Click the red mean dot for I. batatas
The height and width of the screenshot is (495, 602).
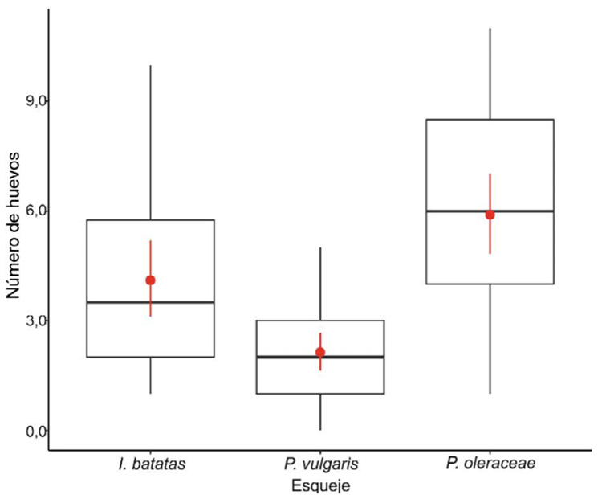click(150, 280)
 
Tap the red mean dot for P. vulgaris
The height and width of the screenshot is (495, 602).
click(320, 353)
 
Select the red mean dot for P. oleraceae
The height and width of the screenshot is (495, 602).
click(490, 215)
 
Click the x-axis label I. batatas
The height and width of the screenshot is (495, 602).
click(150, 464)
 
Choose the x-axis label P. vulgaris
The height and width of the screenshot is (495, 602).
click(320, 464)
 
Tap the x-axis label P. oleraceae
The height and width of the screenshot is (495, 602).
click(490, 464)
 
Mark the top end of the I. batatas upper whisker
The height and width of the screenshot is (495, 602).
click(150, 65)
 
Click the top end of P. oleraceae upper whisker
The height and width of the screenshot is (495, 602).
click(490, 28)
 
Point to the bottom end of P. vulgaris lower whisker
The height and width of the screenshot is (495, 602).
click(320, 430)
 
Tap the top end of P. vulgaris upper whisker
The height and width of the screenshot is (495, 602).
click(320, 247)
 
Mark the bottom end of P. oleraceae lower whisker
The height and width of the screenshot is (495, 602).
click(490, 393)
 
